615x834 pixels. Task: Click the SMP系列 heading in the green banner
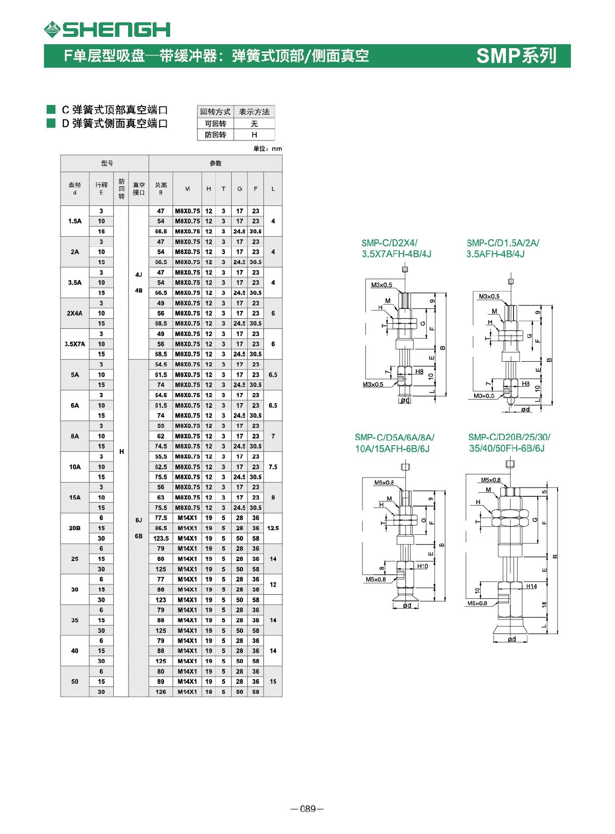click(516, 55)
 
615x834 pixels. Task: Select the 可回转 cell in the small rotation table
click(215, 123)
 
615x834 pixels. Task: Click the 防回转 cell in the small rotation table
click(215, 135)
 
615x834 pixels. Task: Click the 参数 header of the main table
click(215, 163)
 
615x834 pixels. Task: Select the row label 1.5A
click(75, 221)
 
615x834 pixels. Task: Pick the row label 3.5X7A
click(75, 344)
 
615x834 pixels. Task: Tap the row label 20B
click(75, 528)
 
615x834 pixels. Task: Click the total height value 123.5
click(161, 538)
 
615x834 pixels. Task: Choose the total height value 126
click(161, 692)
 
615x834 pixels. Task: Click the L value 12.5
click(273, 528)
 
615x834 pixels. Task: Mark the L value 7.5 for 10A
click(273, 467)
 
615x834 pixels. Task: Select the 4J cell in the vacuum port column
click(138, 275)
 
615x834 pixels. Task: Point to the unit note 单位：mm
click(268, 149)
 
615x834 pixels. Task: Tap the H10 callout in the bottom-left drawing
click(422, 566)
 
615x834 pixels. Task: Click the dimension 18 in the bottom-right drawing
click(545, 604)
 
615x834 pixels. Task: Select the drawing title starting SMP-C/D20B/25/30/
click(509, 437)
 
